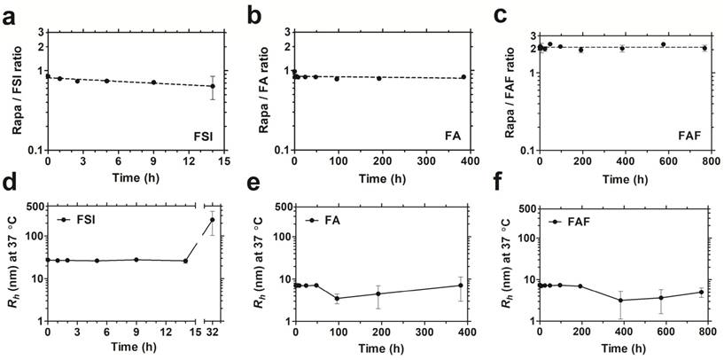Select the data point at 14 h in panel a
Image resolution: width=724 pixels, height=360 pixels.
click(212, 86)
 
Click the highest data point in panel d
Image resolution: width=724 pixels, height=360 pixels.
click(212, 220)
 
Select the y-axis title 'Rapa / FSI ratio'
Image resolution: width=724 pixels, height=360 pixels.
click(17, 90)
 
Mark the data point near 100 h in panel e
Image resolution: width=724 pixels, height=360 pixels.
click(337, 298)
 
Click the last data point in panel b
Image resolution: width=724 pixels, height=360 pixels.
click(463, 77)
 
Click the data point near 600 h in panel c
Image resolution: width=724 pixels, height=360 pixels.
click(663, 44)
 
